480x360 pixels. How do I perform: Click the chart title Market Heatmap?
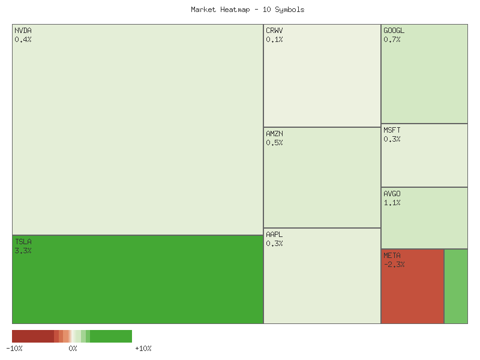coord(247,10)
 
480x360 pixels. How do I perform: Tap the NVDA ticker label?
coord(23,30)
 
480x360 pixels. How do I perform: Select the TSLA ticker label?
coord(23,241)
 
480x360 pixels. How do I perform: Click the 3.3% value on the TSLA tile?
coord(23,251)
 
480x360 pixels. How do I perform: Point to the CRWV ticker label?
coord(274,30)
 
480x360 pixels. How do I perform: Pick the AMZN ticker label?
coord(274,133)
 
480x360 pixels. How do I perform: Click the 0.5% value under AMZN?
coord(274,143)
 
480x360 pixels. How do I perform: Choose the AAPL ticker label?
coord(274,234)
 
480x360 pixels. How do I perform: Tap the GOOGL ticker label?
coord(394,30)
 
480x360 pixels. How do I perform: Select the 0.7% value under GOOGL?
coord(392,40)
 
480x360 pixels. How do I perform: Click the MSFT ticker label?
coord(392,130)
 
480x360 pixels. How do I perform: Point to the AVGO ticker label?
coord(392,193)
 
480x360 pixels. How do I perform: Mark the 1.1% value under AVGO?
coord(392,203)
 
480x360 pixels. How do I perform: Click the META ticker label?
coord(392,256)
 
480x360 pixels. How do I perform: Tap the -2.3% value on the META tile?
coord(394,265)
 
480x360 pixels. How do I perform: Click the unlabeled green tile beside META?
coord(456,286)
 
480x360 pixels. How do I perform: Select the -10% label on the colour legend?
coord(14,349)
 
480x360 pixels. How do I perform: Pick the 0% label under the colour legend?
coord(73,349)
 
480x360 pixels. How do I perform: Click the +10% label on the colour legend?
coord(143,349)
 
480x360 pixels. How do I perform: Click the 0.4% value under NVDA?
coord(23,40)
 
